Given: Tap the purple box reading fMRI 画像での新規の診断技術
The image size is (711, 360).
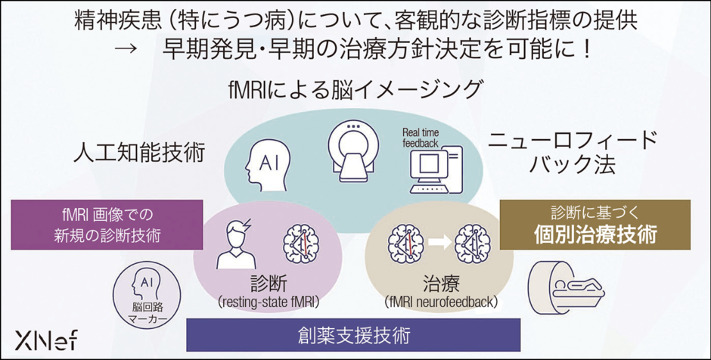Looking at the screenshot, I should click(107, 225).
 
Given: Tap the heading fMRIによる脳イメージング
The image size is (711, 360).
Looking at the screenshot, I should click(355, 89).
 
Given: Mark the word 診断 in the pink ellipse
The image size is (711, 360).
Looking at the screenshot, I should click(270, 284).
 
